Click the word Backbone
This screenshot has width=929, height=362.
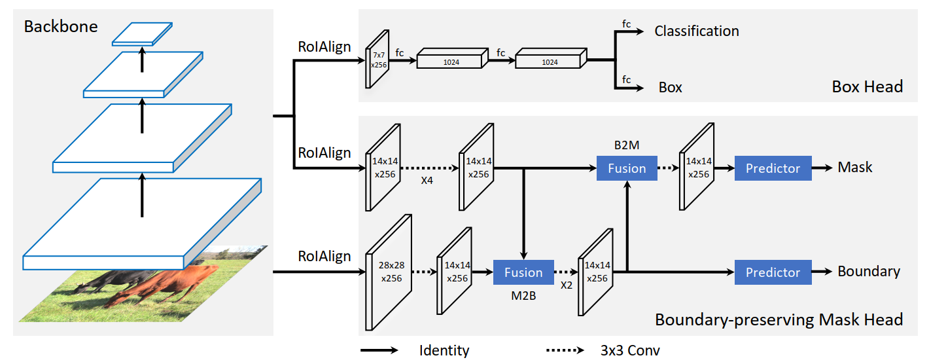tap(61, 27)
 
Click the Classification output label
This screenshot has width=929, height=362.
tap(697, 31)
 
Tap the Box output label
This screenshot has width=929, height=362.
tap(671, 87)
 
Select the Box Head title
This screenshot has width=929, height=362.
tap(868, 86)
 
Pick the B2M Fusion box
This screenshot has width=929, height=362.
tap(627, 168)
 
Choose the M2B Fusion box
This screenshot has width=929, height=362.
tap(523, 272)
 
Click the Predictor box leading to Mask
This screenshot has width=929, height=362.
tap(773, 168)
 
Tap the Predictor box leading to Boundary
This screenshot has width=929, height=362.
tap(773, 272)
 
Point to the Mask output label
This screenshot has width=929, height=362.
tap(855, 168)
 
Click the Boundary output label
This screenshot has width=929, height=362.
tap(869, 272)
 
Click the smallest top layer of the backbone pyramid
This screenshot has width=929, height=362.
tap(142, 34)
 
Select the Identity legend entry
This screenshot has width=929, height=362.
tap(444, 350)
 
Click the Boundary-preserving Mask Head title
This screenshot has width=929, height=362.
tap(779, 319)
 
